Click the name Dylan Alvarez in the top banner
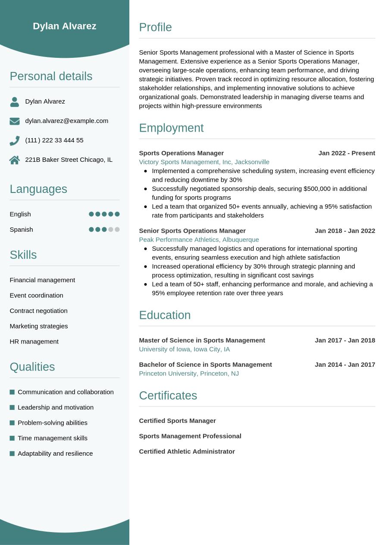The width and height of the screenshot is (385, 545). click(x=65, y=26)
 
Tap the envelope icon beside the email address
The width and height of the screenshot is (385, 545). click(x=15, y=121)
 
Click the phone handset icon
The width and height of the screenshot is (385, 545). click(x=15, y=141)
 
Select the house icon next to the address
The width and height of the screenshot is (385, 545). click(x=15, y=160)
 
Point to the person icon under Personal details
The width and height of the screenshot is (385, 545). click(x=15, y=102)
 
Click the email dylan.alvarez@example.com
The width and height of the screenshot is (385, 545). click(x=67, y=121)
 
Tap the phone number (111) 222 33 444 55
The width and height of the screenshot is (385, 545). click(x=54, y=140)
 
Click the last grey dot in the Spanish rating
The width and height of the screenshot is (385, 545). click(x=117, y=230)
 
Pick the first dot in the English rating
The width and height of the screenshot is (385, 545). click(x=91, y=214)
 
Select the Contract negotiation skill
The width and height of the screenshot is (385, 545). click(x=39, y=311)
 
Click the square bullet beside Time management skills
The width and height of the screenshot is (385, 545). click(x=12, y=438)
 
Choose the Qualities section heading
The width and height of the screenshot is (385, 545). click(x=32, y=367)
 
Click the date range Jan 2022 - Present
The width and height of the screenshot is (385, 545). click(x=347, y=153)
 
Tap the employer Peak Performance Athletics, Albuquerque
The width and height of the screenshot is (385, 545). click(x=199, y=239)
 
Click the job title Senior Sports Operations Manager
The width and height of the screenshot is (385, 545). click(x=192, y=231)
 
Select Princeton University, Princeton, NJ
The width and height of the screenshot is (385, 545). click(x=189, y=373)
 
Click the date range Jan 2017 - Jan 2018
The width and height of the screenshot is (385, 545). click(x=345, y=340)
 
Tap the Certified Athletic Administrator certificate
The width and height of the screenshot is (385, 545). click(x=187, y=451)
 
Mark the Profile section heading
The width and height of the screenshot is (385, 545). click(x=155, y=27)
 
